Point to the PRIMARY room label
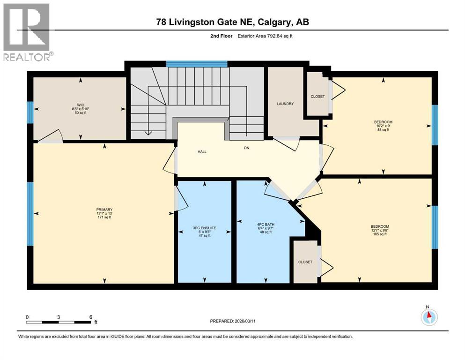click(104, 210)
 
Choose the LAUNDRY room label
click(285, 104)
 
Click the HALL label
click(202, 151)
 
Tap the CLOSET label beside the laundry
click(317, 97)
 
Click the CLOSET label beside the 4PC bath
click(305, 262)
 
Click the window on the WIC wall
click(30, 112)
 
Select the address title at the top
click(232, 22)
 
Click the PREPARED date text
click(239, 322)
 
